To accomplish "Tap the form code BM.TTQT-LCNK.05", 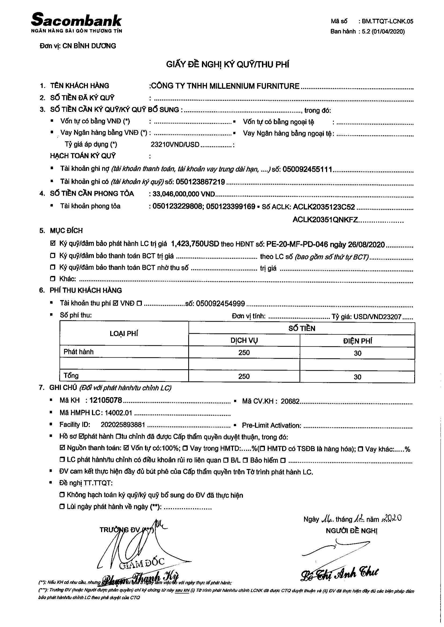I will click(387, 21).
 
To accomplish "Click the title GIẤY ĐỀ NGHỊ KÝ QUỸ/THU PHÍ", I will click(228, 65).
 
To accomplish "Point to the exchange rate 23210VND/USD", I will click(175, 144).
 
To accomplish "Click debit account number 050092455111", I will click(307, 169).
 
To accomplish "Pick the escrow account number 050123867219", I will click(200, 181).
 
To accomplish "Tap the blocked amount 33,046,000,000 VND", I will click(184, 194).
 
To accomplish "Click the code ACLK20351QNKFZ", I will click(325, 220).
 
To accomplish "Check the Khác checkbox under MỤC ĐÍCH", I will click(53, 279).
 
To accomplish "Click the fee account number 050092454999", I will click(220, 303).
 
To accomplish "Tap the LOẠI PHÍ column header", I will click(124, 333).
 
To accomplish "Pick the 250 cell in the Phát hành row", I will click(244, 352).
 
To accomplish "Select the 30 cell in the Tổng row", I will click(357, 377).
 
